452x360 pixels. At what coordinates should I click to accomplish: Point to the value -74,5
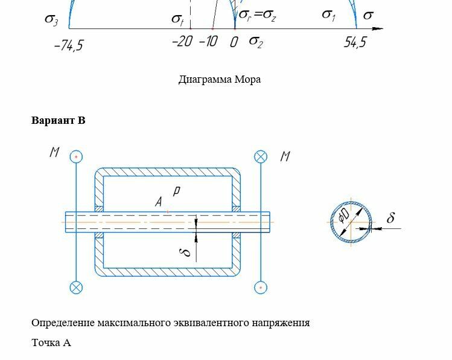(x=68, y=46)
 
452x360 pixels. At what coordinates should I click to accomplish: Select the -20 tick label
(x=182, y=42)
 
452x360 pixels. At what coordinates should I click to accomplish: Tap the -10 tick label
(x=208, y=42)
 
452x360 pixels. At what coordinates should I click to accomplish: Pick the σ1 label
(x=328, y=15)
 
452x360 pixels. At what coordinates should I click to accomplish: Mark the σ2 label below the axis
(x=256, y=42)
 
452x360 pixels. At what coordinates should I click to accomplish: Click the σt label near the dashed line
(x=177, y=20)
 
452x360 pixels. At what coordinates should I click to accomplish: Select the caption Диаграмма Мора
(x=220, y=79)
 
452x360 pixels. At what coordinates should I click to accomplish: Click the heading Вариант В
(x=59, y=120)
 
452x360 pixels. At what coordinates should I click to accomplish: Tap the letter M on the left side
(x=54, y=152)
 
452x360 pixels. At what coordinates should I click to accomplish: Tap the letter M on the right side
(x=285, y=156)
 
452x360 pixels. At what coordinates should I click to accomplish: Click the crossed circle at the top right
(x=261, y=156)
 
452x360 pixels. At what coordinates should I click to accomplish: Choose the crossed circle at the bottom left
(x=76, y=287)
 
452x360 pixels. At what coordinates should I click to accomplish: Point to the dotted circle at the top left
(x=76, y=156)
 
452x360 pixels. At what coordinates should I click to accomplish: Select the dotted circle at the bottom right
(x=261, y=287)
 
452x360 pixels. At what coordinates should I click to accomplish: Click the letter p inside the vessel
(x=176, y=191)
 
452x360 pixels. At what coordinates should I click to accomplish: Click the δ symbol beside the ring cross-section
(x=390, y=218)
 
